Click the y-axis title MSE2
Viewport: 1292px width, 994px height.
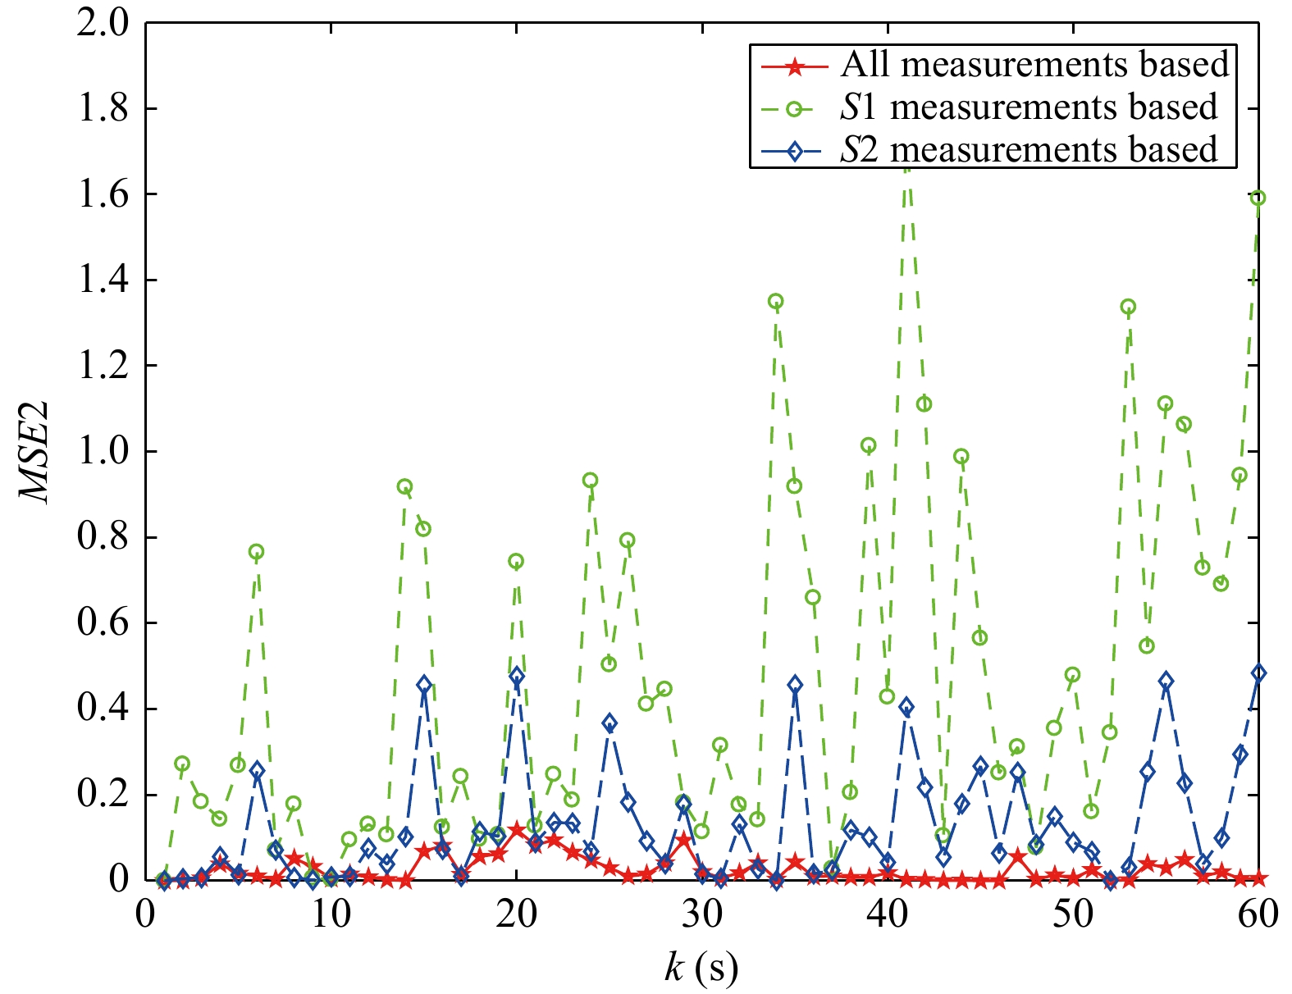35,452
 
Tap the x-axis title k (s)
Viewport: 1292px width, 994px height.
701,969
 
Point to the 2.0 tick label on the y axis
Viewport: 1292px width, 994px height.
103,23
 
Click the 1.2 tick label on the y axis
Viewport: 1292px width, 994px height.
103,366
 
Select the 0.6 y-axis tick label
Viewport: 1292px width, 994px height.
103,623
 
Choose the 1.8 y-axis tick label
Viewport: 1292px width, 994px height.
103,109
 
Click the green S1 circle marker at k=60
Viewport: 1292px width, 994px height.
1258,198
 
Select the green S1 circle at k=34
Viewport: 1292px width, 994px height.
775,302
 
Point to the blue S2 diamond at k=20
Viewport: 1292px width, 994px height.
516,676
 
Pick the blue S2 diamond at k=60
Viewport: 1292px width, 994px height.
1258,673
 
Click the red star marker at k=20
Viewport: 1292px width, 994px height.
516,830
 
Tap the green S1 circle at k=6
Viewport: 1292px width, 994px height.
256,552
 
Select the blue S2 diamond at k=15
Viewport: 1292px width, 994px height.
423,684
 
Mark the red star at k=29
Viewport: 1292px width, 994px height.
683,840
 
